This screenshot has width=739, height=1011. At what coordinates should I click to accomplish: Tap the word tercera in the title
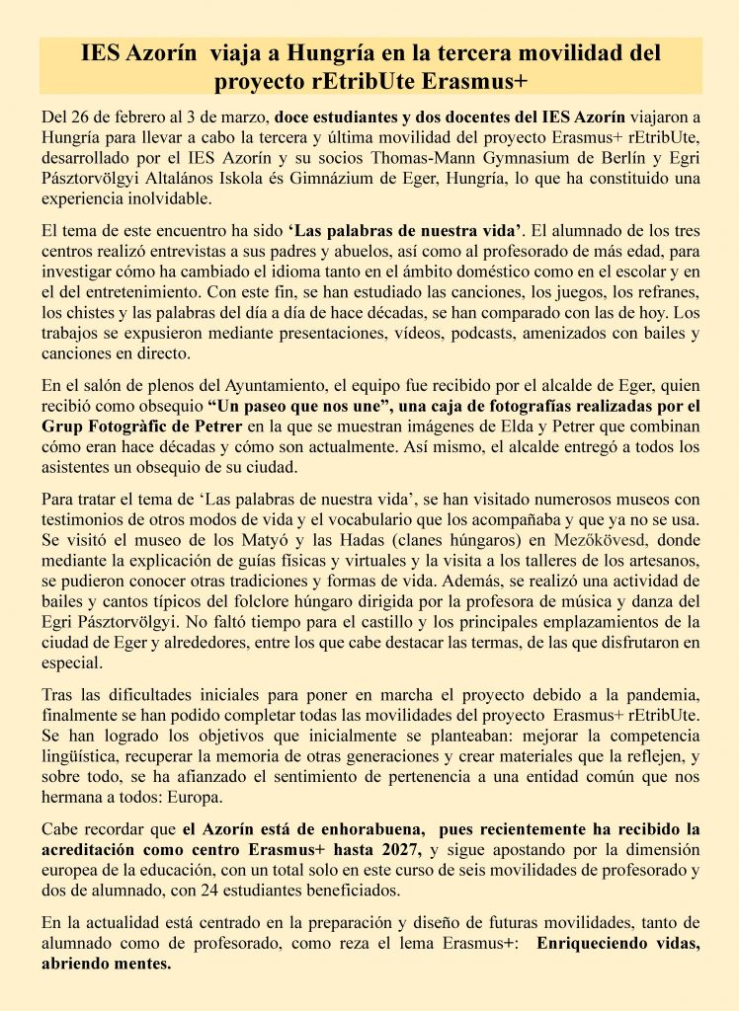474,53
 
